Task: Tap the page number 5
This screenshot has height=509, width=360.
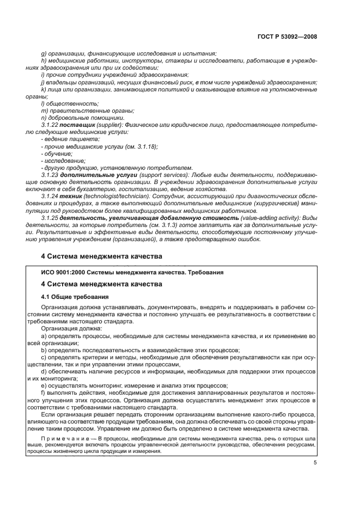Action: tap(315, 463)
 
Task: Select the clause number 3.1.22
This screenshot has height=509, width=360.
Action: tap(51, 124)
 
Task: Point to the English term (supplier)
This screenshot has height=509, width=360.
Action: tap(110, 124)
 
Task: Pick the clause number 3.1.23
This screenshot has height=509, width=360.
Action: tap(51, 175)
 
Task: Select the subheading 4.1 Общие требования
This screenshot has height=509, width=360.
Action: tap(75, 297)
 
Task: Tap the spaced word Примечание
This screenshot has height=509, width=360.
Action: tap(62, 438)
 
